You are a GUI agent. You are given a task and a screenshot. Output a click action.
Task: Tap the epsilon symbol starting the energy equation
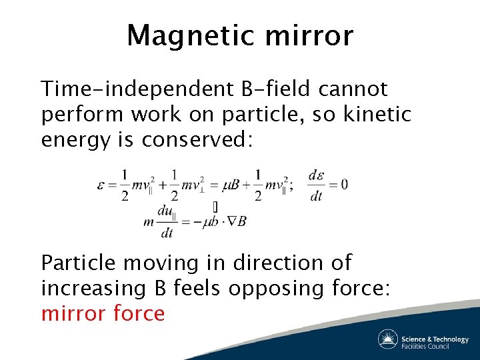click(x=101, y=185)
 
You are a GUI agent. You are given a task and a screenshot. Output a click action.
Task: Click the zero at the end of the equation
click(x=343, y=184)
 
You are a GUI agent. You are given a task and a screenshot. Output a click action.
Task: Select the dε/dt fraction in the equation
click(x=316, y=185)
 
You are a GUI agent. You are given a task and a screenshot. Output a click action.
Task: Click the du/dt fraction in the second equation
click(x=166, y=221)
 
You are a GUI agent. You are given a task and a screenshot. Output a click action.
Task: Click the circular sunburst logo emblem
click(x=387, y=339)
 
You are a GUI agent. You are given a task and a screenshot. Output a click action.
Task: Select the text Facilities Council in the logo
click(x=425, y=346)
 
